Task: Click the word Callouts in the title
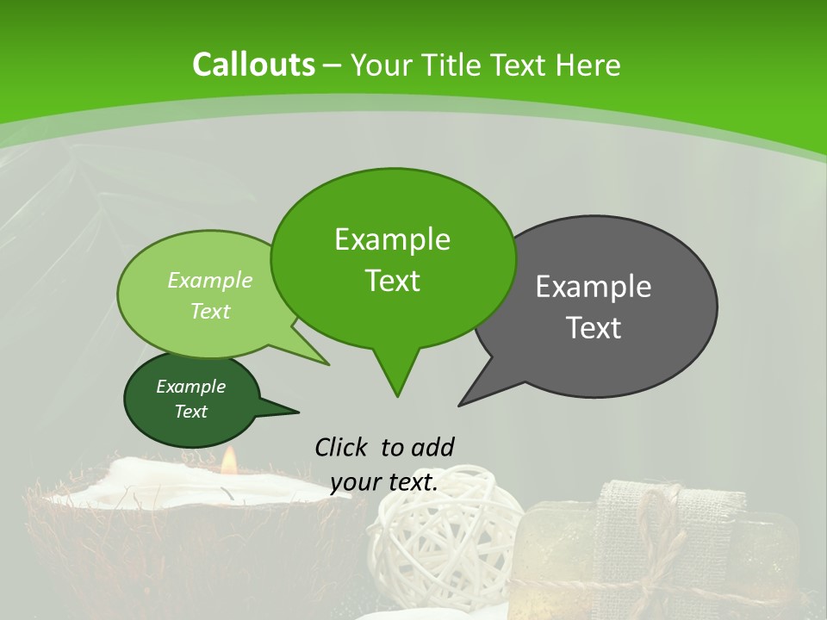[253, 65]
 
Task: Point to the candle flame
[228, 462]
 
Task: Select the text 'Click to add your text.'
[384, 464]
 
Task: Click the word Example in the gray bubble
[594, 287]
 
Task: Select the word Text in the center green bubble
[393, 281]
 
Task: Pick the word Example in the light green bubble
[210, 280]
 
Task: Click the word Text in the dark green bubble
[191, 412]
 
